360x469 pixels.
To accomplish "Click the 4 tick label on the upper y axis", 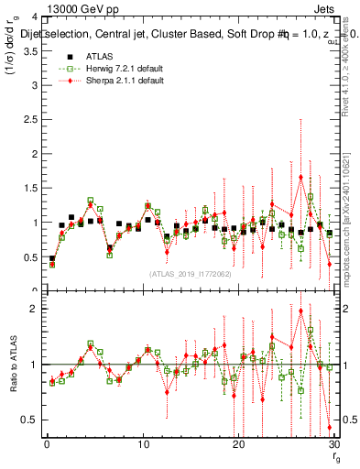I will (35, 17).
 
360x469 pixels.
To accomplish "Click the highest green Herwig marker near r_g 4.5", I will (91, 201).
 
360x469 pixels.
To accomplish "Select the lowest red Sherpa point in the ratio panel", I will (329, 427).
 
